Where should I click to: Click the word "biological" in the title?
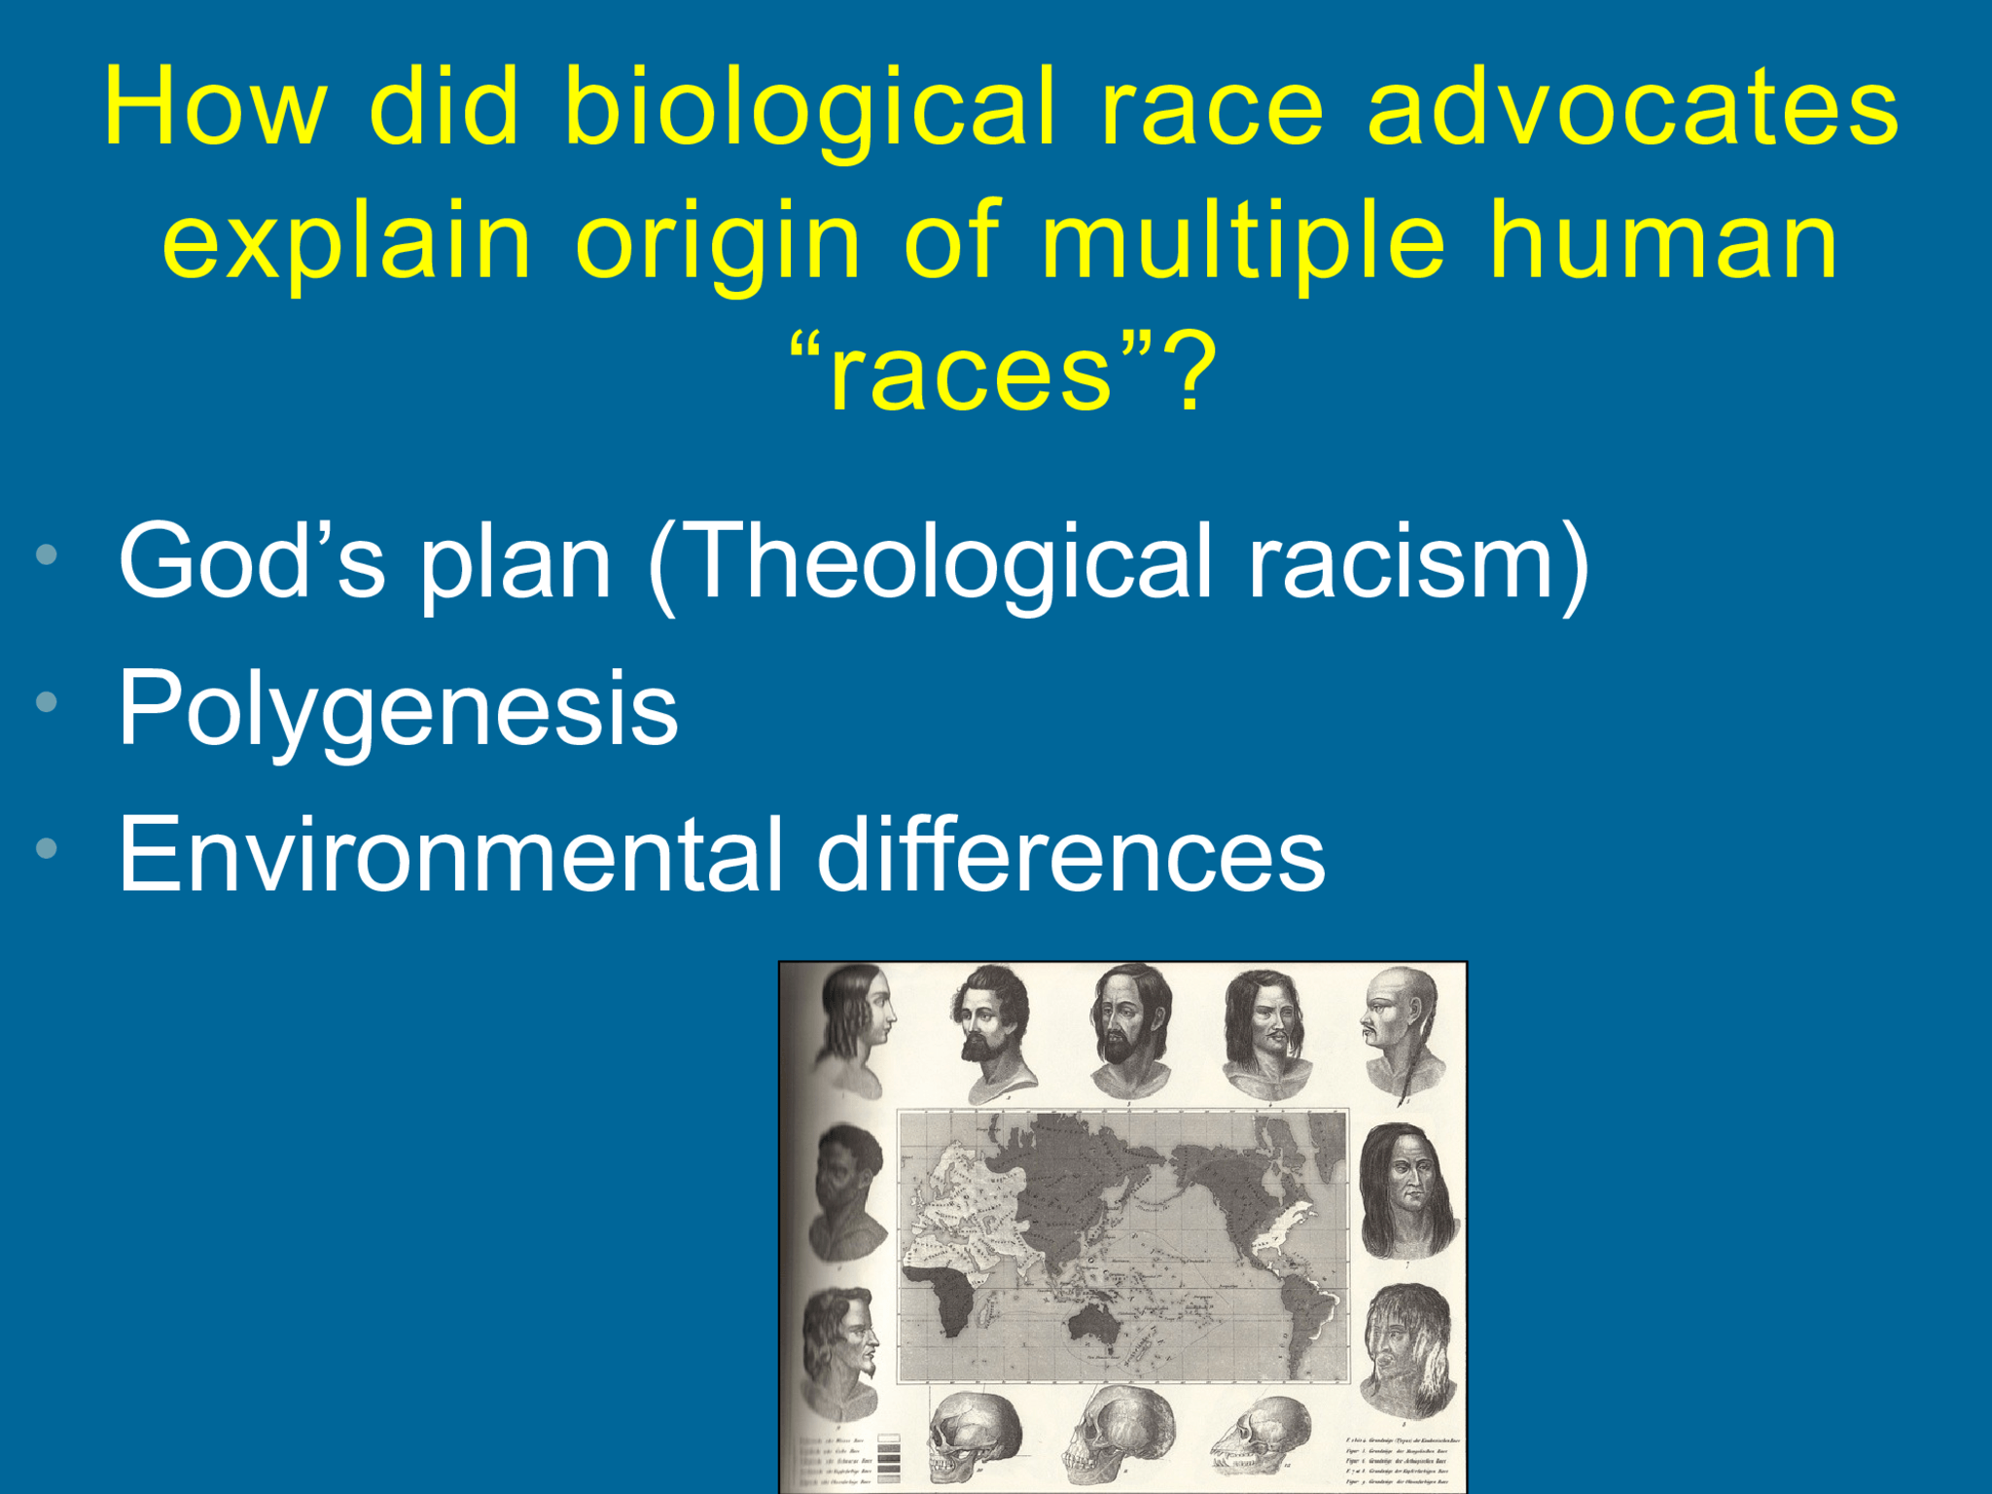coord(809,109)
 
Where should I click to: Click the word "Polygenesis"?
coord(397,710)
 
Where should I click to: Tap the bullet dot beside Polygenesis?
coord(46,702)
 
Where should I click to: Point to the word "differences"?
coord(1070,856)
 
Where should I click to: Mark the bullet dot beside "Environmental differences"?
coord(46,849)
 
